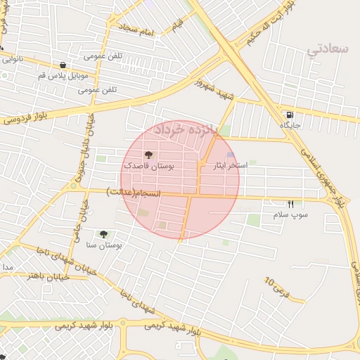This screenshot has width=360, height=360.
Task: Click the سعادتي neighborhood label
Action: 328,49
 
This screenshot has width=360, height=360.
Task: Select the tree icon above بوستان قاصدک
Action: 148,155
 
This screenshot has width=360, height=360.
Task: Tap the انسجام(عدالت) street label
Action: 134,191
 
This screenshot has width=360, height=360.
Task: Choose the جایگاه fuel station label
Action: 290,125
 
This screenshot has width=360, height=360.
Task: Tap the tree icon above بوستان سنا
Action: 104,234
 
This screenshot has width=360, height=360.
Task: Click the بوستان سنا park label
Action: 104,245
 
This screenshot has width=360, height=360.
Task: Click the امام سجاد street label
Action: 136,30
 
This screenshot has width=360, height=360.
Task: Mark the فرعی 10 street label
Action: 276,286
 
